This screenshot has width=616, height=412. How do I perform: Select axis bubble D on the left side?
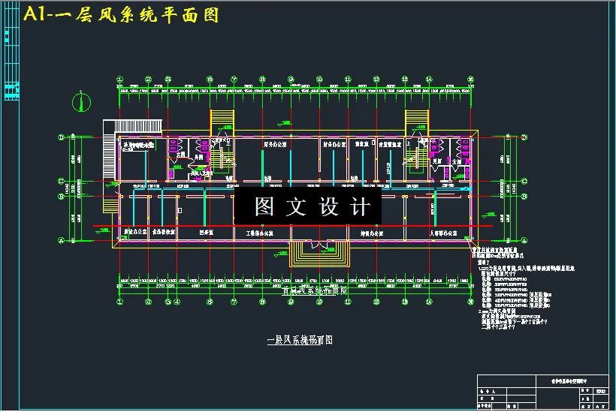62,138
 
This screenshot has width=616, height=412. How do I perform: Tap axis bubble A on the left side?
62,240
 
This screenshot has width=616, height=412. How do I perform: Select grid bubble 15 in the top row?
471,79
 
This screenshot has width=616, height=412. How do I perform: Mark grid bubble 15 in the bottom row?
471,302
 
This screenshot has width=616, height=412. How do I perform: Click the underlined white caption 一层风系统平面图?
300,340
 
